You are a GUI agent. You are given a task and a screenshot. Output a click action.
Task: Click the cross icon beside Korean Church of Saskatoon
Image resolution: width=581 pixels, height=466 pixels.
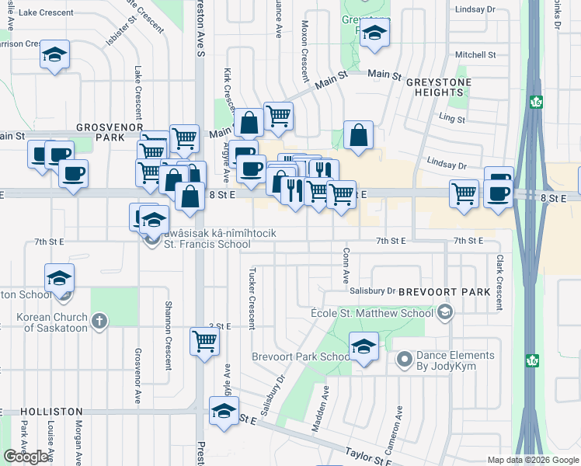[x=99, y=321]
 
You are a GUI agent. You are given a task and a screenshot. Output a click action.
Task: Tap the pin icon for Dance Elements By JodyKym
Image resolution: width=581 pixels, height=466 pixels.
[x=404, y=360]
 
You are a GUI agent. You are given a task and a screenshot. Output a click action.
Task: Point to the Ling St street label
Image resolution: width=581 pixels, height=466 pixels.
[x=451, y=120]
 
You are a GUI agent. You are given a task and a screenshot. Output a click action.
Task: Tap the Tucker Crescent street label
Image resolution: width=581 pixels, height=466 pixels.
[x=252, y=299]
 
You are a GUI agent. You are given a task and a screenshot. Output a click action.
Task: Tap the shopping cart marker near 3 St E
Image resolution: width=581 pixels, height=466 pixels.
[x=204, y=340]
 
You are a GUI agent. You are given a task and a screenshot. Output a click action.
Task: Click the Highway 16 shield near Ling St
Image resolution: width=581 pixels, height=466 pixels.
[x=536, y=102]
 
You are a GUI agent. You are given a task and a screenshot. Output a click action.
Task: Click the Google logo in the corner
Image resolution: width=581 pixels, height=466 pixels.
[x=25, y=457]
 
